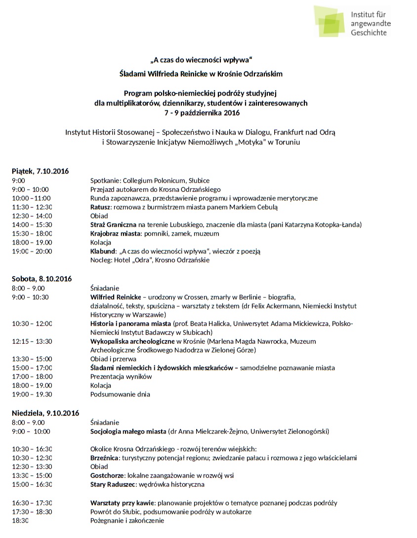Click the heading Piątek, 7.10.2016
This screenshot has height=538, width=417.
coord(40,171)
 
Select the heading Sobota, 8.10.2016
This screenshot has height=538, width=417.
coord(42,279)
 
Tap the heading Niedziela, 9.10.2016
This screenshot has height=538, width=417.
coord(45,413)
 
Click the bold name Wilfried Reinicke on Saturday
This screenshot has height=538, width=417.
coord(116,297)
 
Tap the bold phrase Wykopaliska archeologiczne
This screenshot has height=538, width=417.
coord(132,341)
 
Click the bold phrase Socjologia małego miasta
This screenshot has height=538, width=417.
coord(128,431)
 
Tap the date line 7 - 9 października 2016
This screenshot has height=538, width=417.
coord(202,112)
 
